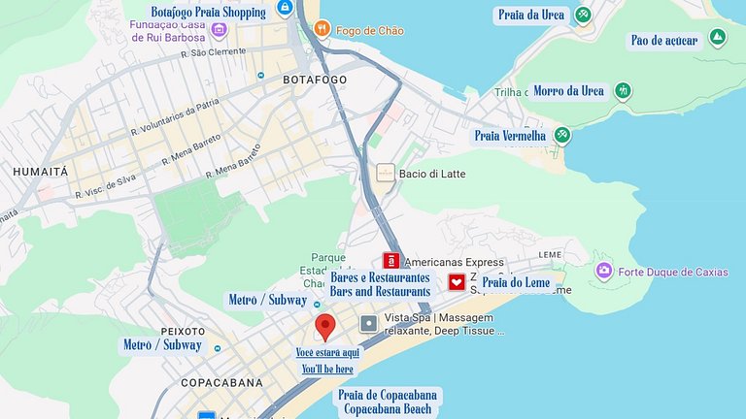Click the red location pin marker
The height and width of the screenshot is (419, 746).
[325, 326]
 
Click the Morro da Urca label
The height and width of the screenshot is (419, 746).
[569, 91]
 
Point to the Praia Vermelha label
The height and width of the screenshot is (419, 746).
[510, 136]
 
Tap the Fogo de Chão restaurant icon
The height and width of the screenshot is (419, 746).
[322, 30]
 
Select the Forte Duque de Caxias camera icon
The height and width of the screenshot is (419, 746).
[604, 271]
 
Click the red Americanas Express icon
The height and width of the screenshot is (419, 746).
[390, 261]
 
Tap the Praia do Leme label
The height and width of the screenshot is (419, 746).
[516, 282]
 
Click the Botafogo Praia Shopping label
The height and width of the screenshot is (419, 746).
[208, 13]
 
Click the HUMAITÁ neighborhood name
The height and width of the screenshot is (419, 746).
[40, 171]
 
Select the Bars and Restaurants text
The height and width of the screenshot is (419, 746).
[380, 291]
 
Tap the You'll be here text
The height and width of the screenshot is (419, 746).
[327, 370]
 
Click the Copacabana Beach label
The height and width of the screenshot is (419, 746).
[387, 408]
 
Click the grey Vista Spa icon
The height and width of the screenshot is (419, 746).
[368, 323]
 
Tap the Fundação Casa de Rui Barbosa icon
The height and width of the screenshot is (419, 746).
[219, 30]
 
